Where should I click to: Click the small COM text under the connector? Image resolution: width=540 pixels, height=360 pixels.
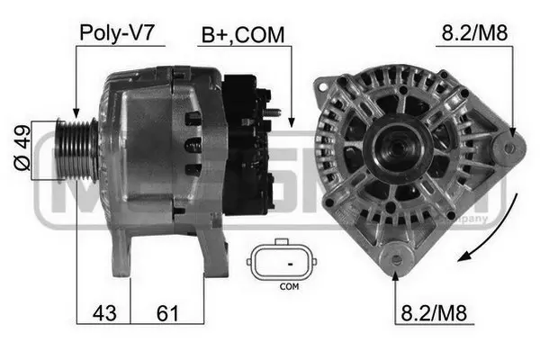click(289, 287)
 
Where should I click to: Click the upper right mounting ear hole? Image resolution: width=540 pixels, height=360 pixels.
click(510, 146)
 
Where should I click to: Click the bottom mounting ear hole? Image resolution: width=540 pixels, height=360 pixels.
click(396, 260)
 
